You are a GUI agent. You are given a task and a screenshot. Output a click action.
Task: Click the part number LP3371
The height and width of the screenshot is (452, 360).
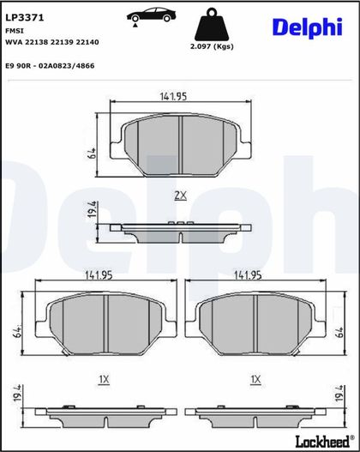(25, 18)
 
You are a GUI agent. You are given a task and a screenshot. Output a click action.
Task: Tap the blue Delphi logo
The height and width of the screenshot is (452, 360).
(308, 28)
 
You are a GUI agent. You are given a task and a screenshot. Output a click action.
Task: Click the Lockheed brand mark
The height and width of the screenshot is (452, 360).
(325, 441)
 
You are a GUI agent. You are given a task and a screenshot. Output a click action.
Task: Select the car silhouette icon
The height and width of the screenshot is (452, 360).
(151, 16)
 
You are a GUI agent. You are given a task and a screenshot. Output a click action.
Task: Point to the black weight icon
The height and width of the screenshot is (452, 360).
(212, 24)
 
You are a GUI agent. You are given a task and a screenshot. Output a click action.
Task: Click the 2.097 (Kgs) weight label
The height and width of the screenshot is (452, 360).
(212, 46)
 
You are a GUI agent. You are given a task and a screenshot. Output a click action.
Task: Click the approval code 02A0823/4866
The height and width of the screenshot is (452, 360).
(67, 66)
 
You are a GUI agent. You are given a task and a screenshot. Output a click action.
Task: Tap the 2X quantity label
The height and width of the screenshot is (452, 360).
(181, 196)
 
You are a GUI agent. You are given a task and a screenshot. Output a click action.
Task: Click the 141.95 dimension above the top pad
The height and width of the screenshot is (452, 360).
(173, 96)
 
